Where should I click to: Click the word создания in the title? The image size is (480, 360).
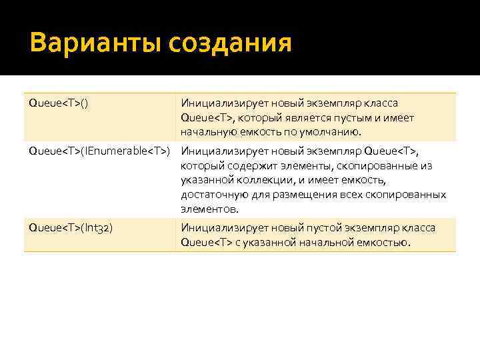pos(231,44)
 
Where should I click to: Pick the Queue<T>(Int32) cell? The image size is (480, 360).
pos(70,228)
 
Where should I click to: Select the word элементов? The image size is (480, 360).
pos(208,209)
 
